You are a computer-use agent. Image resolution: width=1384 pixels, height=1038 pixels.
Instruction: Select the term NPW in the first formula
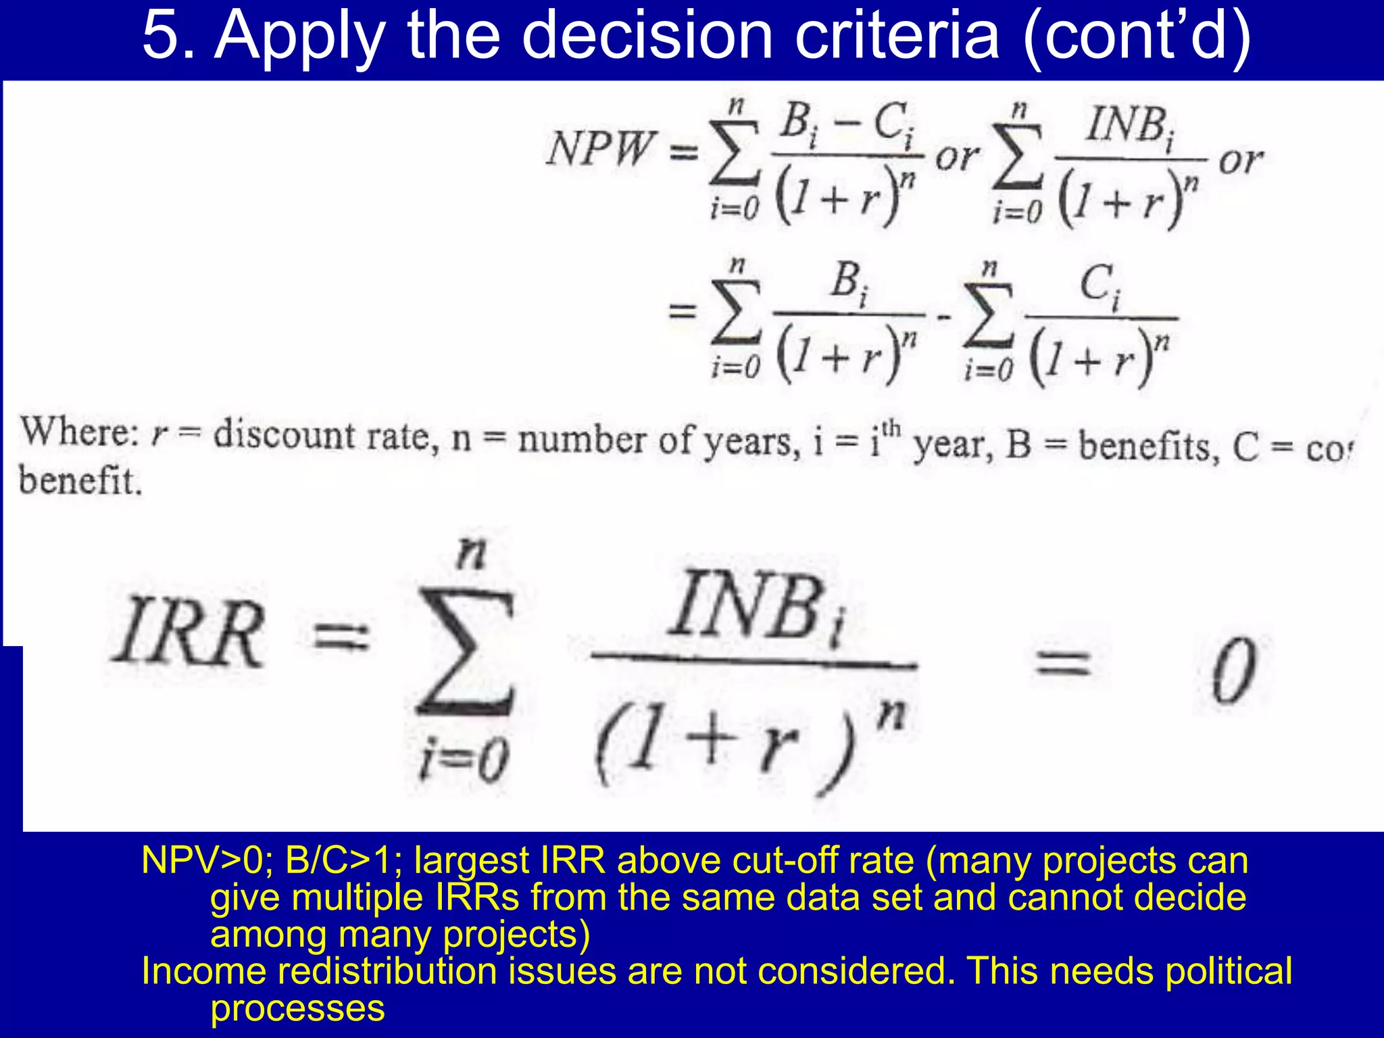click(x=600, y=149)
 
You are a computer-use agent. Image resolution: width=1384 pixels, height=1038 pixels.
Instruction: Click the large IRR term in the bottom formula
click(x=187, y=633)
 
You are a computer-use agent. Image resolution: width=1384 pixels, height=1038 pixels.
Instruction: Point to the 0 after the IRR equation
click(x=1233, y=670)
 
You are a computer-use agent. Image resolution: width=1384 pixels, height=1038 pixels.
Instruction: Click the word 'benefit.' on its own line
click(x=80, y=482)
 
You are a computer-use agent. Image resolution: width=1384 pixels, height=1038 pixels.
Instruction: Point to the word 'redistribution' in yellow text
click(x=387, y=971)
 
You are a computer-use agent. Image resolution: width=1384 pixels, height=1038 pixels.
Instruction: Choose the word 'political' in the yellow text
click(x=1228, y=971)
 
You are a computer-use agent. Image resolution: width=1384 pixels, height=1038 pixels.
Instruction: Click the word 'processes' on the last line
click(x=297, y=1008)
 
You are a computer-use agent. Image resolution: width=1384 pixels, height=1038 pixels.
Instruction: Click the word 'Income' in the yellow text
click(x=204, y=971)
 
